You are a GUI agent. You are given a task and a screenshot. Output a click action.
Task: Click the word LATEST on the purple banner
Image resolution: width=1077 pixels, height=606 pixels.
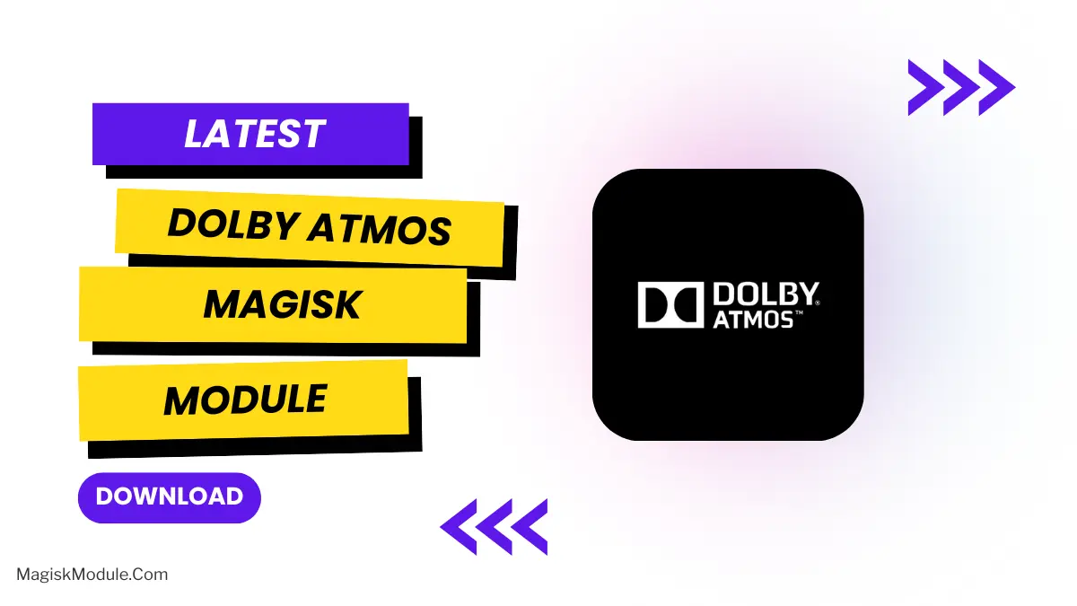click(x=254, y=135)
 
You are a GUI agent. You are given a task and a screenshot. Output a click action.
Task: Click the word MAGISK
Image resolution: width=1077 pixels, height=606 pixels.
click(x=282, y=305)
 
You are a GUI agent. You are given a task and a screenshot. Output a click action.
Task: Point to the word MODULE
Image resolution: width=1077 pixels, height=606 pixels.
click(x=244, y=400)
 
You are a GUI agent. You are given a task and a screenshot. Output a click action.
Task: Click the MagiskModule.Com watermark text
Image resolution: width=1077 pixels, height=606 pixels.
click(x=92, y=575)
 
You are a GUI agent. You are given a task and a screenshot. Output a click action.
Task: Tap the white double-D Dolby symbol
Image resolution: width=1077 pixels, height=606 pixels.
click(x=670, y=305)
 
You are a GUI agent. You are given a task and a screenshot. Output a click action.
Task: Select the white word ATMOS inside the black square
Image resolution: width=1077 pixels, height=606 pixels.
click(x=751, y=319)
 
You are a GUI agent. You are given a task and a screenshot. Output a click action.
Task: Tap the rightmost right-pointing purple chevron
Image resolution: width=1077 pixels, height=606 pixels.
click(x=994, y=87)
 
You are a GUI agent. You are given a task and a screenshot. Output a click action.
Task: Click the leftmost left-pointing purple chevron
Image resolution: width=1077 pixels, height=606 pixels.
click(x=459, y=526)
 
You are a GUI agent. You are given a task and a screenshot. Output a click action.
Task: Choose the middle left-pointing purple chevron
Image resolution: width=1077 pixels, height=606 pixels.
click(x=493, y=526)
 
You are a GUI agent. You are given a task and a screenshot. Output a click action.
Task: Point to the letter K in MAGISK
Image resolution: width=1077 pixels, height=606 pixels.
click(x=347, y=305)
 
